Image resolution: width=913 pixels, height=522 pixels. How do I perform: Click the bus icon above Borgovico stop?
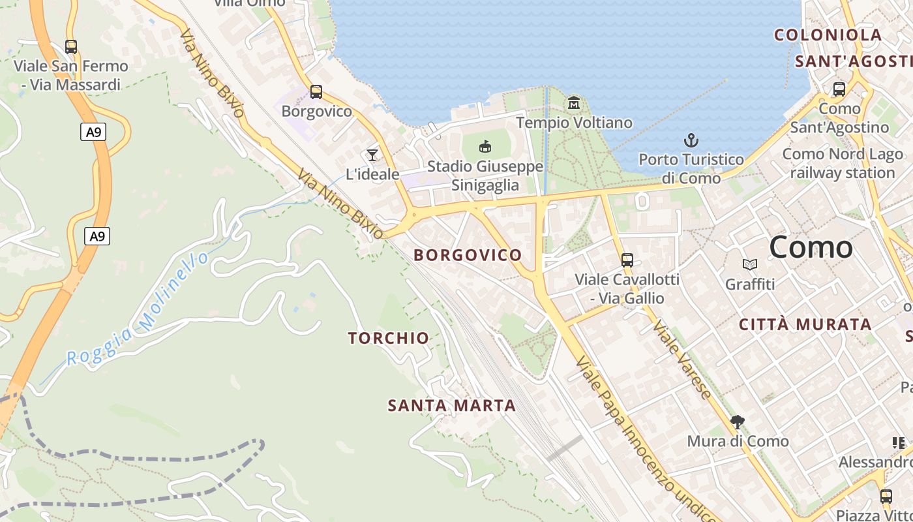pos(316,92)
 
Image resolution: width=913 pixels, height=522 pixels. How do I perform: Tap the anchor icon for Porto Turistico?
pos(691,140)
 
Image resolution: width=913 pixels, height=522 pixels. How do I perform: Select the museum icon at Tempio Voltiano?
pos(574,103)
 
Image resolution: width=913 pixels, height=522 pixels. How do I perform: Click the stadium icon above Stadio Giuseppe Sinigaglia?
pos(485,146)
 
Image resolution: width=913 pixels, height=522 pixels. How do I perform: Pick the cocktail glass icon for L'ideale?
pos(372,155)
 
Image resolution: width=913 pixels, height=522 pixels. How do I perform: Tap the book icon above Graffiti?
pos(750,264)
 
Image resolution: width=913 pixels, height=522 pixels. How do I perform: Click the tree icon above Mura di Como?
pos(738,422)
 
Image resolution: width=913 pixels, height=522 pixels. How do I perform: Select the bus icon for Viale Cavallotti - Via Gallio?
pos(627,260)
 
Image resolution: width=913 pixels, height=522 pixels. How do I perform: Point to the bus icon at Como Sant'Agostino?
pos(839,89)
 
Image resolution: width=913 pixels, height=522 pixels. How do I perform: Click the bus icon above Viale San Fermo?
pos(71,47)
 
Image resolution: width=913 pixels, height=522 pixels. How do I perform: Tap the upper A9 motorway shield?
pos(94,132)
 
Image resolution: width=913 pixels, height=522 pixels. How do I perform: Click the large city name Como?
pos(811,247)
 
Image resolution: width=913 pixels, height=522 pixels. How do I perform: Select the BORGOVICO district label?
pos(468,255)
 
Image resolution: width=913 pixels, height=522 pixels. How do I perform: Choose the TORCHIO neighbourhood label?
pos(388,338)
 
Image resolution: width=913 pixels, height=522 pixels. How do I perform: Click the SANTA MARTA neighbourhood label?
pos(452,406)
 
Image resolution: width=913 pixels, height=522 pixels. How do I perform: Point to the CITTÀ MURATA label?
pos(805,324)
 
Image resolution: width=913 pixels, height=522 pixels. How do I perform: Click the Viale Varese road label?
pos(682,360)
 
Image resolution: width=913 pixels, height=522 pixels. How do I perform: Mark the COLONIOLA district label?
pos(828,35)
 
